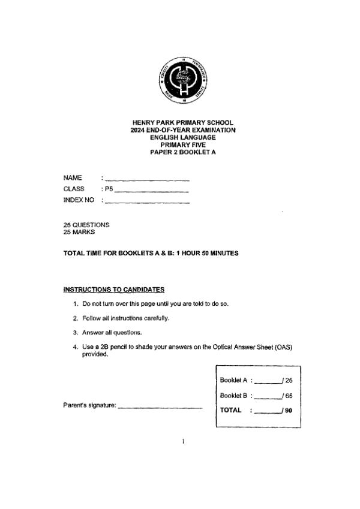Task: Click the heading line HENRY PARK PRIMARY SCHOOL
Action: click(x=183, y=122)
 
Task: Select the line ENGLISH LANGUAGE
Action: click(x=183, y=137)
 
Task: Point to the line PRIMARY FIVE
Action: click(x=183, y=144)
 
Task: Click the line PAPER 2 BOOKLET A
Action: click(x=183, y=152)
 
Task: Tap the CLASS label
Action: click(x=74, y=189)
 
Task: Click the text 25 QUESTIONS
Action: click(x=86, y=225)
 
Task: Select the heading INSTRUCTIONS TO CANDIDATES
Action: click(x=114, y=290)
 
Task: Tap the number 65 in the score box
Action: click(x=289, y=396)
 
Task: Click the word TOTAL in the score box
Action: click(x=231, y=410)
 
